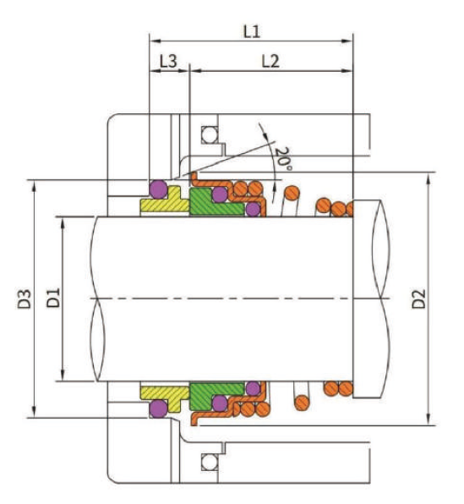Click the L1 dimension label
pos(251,31)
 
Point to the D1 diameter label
pos(52,298)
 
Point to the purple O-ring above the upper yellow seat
pos(157,187)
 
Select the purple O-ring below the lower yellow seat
pos(157,410)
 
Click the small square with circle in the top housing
pos(209,134)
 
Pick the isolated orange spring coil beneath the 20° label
pos(291,194)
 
